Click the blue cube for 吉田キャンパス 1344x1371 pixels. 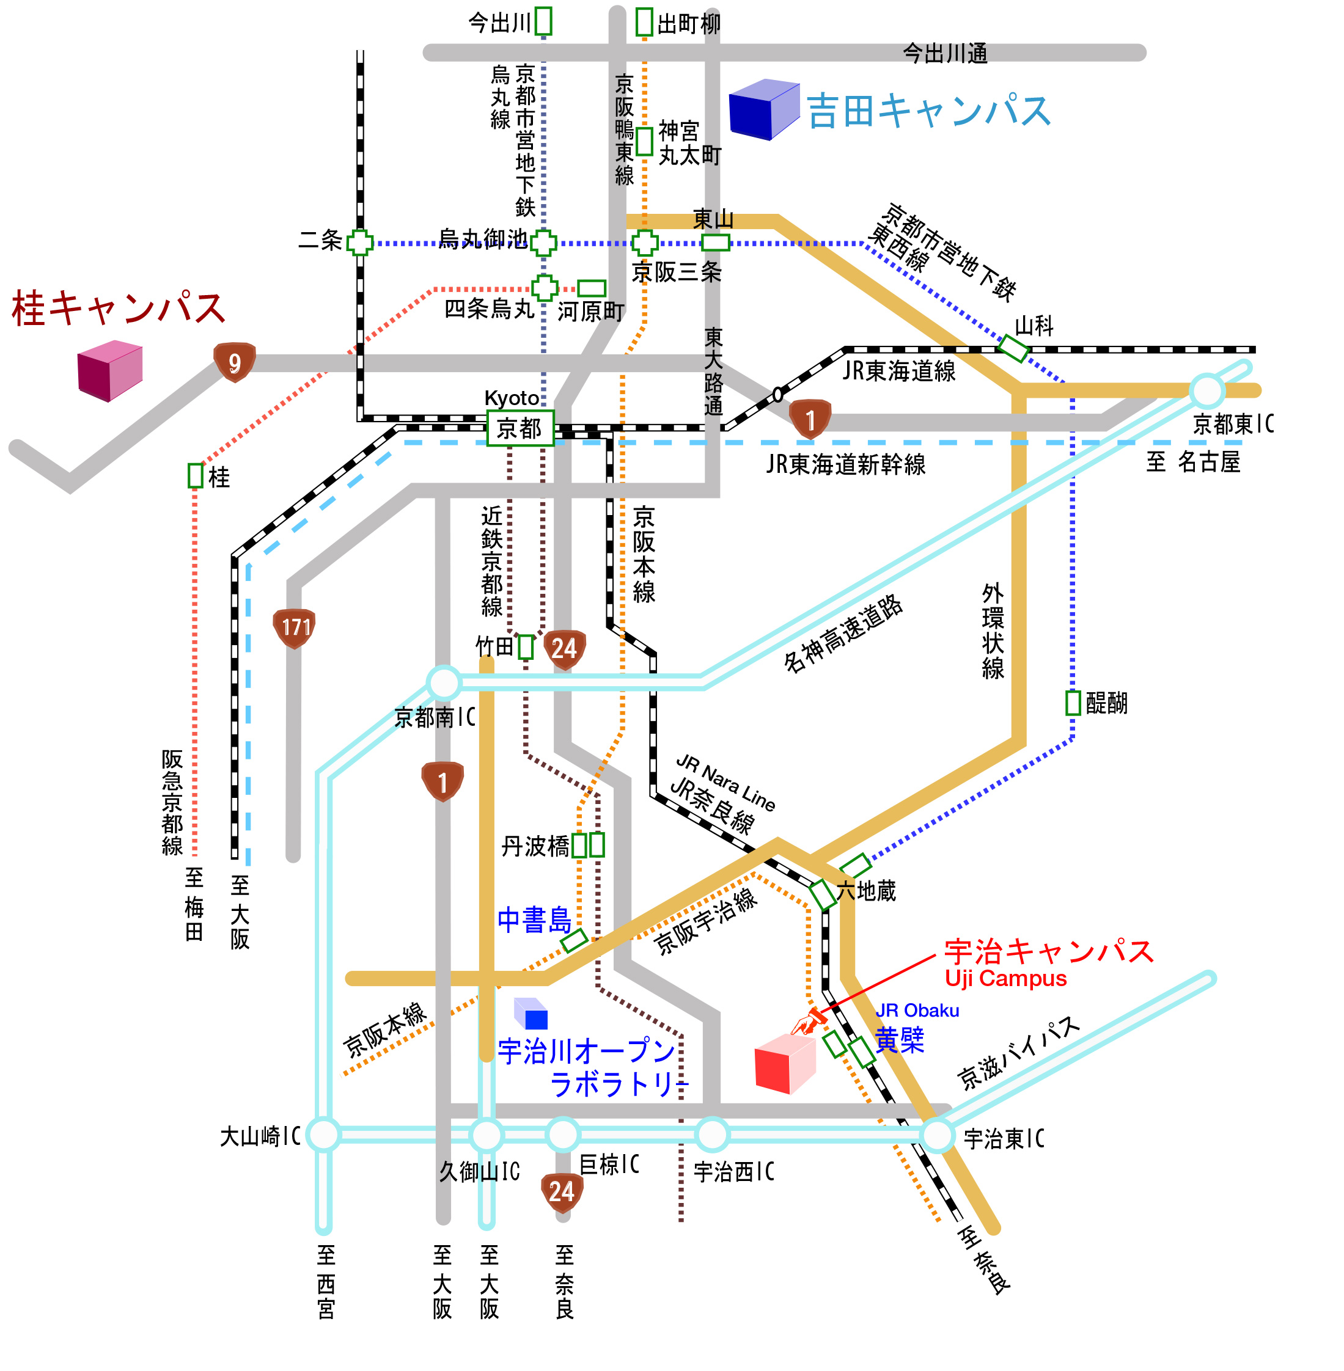click(764, 109)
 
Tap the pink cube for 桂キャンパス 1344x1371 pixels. click(109, 370)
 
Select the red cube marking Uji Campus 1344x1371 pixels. click(785, 1063)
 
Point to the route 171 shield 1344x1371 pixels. click(295, 628)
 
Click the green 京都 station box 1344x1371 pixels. click(520, 428)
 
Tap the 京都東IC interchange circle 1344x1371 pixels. click(1206, 390)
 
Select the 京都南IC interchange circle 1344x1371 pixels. click(443, 682)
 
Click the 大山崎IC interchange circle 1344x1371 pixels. click(324, 1135)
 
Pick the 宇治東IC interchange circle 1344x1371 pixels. click(938, 1135)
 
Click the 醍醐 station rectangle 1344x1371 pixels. click(1073, 703)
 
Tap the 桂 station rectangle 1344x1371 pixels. click(196, 475)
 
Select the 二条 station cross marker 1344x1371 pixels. click(360, 243)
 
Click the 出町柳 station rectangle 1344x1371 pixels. click(644, 21)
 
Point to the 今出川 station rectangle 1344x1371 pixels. click(543, 21)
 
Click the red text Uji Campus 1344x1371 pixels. click(1006, 979)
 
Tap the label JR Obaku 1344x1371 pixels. click(917, 1011)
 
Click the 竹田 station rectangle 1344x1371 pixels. click(525, 647)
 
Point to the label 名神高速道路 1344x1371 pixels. click(843, 633)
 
